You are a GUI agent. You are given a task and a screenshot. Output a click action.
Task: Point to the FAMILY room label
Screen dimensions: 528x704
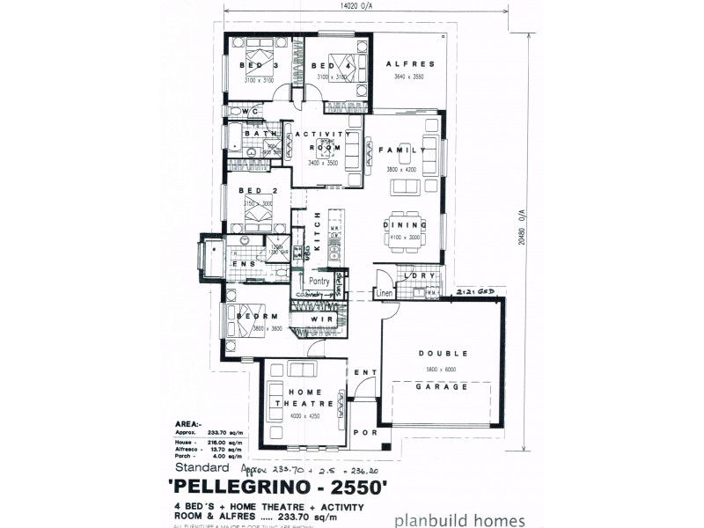tap(403, 150)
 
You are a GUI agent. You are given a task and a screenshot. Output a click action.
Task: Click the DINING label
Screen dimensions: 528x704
tap(405, 225)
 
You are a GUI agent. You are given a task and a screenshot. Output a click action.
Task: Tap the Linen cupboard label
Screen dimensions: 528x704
tap(385, 292)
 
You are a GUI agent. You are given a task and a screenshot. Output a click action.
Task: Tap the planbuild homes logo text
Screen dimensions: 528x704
tap(460, 520)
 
